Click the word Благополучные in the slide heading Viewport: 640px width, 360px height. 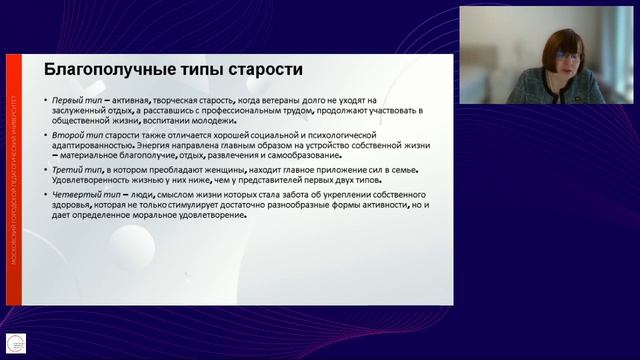pos(106,70)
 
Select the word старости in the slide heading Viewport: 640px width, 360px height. pos(262,70)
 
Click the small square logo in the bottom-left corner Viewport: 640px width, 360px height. pos(15,341)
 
